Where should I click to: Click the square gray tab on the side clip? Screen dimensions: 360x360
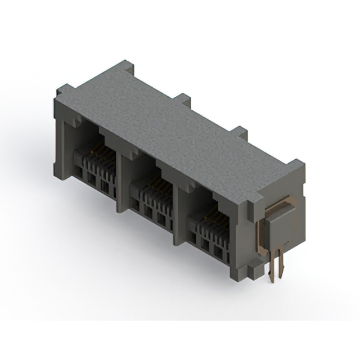tap(279, 223)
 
